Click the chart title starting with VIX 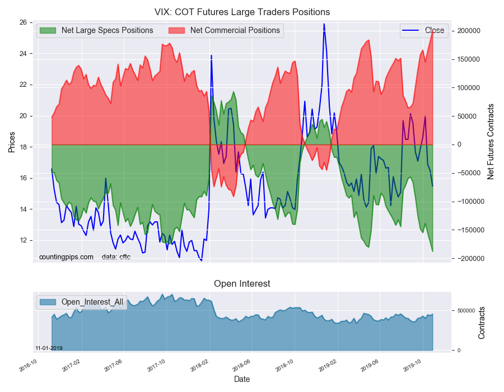coord(242,12)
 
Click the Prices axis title coord(12,141)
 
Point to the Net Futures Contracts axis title coord(491,141)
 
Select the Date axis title coord(242,380)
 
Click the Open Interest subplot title coord(242,284)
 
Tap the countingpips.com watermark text coord(66,257)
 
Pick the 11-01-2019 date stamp coord(49,348)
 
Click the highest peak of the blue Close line coord(324,24)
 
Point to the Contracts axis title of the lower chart coord(482,323)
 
